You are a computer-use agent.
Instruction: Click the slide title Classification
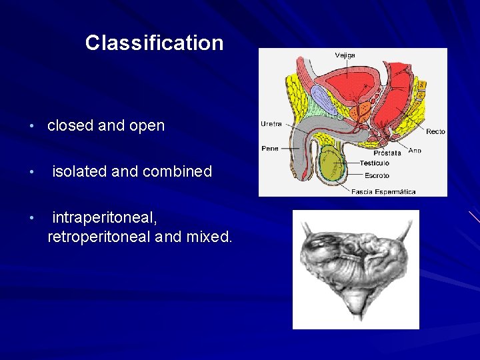[154, 43]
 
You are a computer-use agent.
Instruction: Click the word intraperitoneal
[105, 218]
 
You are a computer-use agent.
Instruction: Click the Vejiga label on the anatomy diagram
[345, 55]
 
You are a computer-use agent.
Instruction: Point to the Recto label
[435, 131]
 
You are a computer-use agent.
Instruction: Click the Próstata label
[387, 153]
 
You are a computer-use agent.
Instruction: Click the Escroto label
[377, 176]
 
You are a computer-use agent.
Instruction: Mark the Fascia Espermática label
[383, 191]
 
